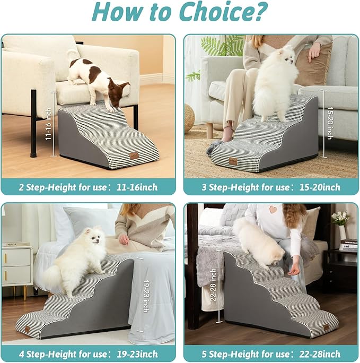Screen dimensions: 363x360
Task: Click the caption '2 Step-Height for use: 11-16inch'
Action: (88, 187)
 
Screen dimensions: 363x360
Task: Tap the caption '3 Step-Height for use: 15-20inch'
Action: (270, 187)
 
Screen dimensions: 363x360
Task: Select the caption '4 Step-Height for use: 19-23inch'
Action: (88, 354)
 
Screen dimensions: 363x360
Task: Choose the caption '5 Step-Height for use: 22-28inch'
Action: (270, 354)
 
